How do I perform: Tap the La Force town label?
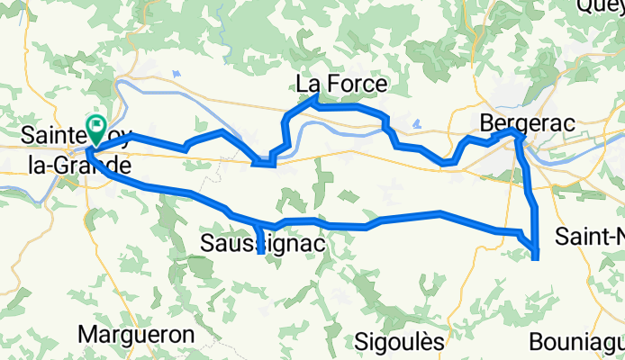341,85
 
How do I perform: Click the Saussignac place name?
262,244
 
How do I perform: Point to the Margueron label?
137,334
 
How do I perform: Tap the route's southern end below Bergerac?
537,258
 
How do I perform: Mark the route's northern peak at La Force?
313,103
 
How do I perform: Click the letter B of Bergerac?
488,121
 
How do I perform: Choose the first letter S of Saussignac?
207,243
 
